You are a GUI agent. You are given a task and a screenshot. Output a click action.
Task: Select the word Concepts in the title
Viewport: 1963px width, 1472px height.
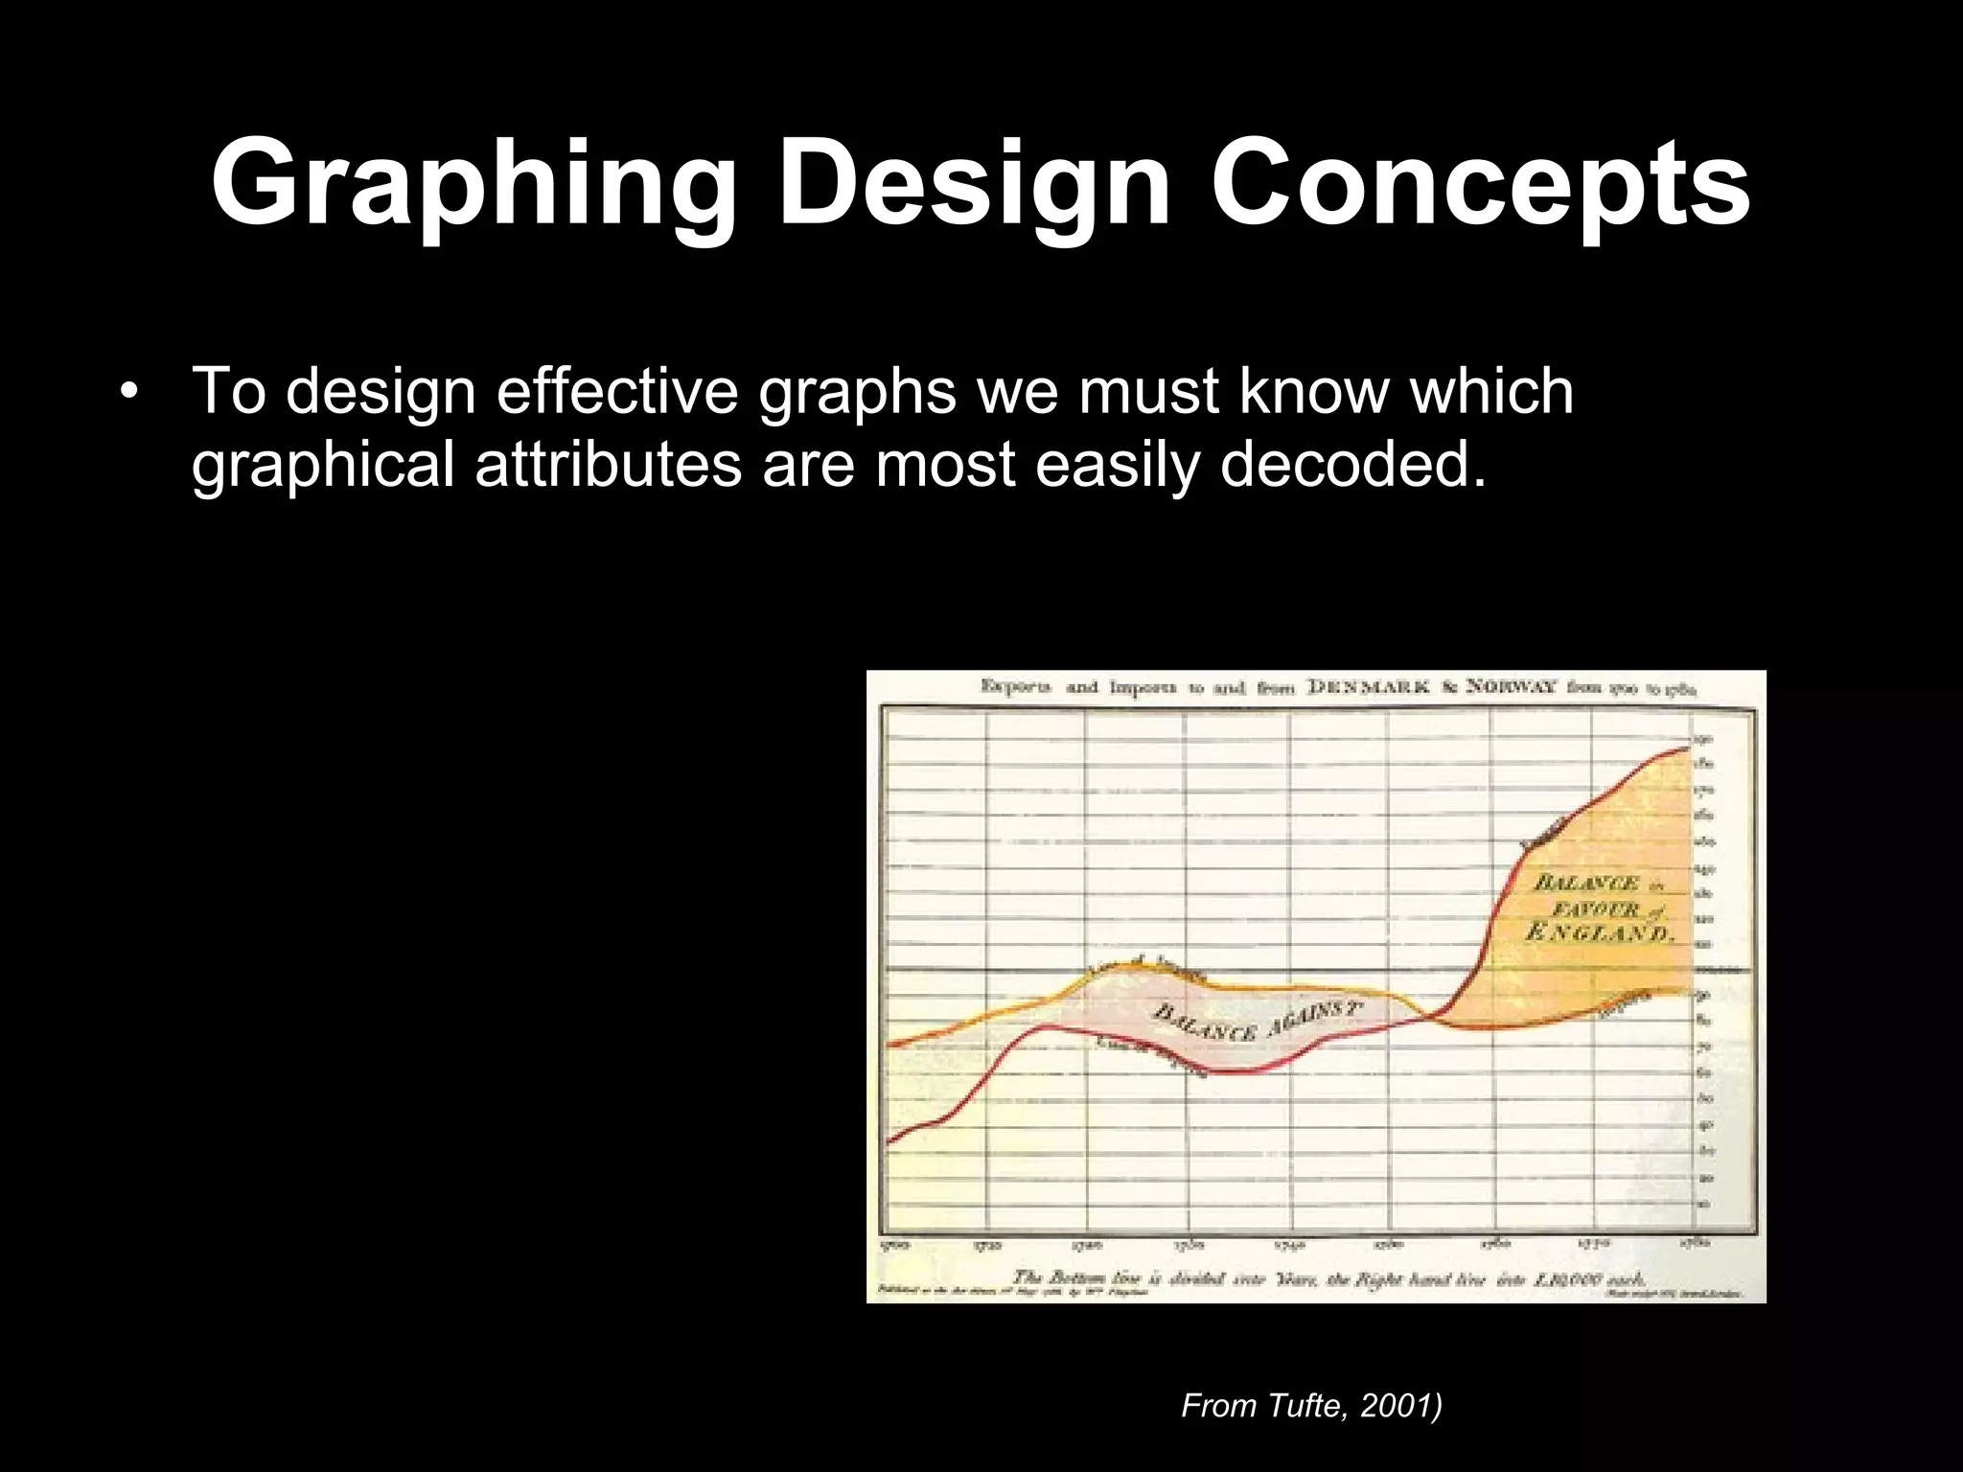pyautogui.click(x=1480, y=184)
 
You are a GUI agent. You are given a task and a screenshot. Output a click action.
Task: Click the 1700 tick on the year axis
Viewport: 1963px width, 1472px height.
pyautogui.click(x=892, y=1245)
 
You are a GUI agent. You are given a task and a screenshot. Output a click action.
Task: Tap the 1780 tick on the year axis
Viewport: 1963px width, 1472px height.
pyautogui.click(x=1694, y=1243)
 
